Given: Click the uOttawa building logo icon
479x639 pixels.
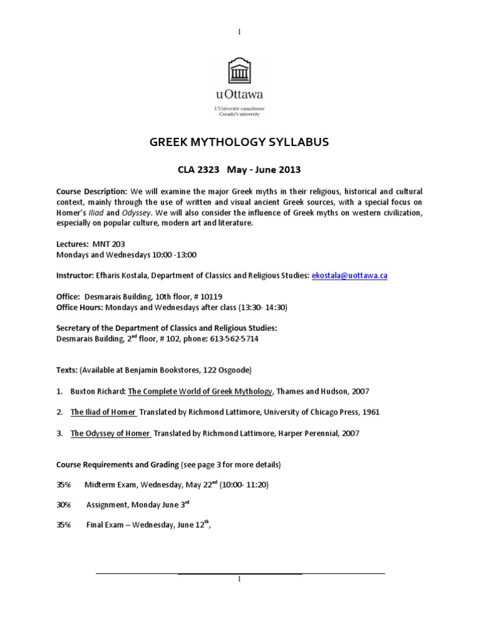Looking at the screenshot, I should click(239, 72).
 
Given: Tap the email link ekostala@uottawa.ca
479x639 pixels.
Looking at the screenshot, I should click(349, 275).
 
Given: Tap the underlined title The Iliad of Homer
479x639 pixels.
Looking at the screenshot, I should click(103, 412).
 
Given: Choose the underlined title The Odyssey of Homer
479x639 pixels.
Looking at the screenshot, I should click(110, 432).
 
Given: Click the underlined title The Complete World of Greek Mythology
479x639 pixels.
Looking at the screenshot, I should click(200, 391).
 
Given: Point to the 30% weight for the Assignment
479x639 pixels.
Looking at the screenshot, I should click(64, 504).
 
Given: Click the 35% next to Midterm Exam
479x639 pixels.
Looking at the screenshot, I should click(64, 484).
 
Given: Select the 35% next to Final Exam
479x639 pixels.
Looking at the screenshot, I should click(64, 525).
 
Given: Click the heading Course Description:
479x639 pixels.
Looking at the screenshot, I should click(92, 191).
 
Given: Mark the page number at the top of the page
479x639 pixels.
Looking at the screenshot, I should click(239, 32).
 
